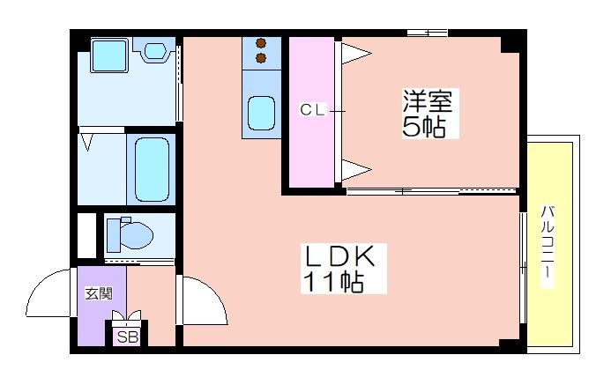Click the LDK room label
(339, 256)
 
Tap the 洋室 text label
(428, 101)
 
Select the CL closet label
(312, 110)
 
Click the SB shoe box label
(128, 337)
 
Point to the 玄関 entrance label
(99, 293)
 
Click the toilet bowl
(130, 234)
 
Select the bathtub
(152, 169)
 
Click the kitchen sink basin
(262, 113)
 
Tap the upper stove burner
(261, 43)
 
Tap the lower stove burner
(261, 58)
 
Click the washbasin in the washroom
(155, 50)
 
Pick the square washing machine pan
(109, 55)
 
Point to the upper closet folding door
(356, 53)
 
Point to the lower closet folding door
(356, 170)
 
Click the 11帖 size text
(333, 281)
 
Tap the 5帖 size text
(424, 126)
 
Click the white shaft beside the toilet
(86, 235)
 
